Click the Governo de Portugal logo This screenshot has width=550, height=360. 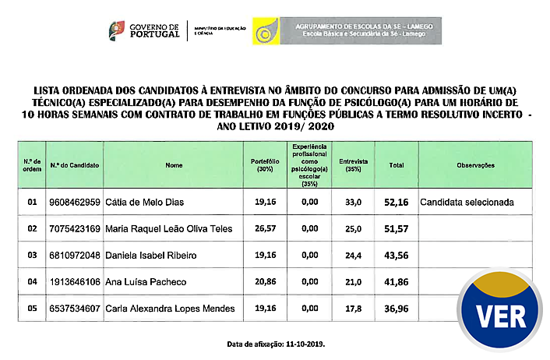144,32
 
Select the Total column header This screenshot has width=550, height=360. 396,165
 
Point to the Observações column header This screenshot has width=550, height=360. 476,165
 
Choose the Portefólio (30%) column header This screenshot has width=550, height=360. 265,165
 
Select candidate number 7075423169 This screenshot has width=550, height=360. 75,229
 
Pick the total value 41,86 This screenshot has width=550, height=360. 396,282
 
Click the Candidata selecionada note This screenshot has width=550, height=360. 467,203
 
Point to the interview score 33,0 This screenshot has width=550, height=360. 354,203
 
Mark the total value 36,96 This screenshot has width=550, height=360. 396,309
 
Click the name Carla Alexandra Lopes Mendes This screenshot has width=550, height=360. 170,309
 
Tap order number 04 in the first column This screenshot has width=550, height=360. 32,282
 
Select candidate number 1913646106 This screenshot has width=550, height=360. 75,282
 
